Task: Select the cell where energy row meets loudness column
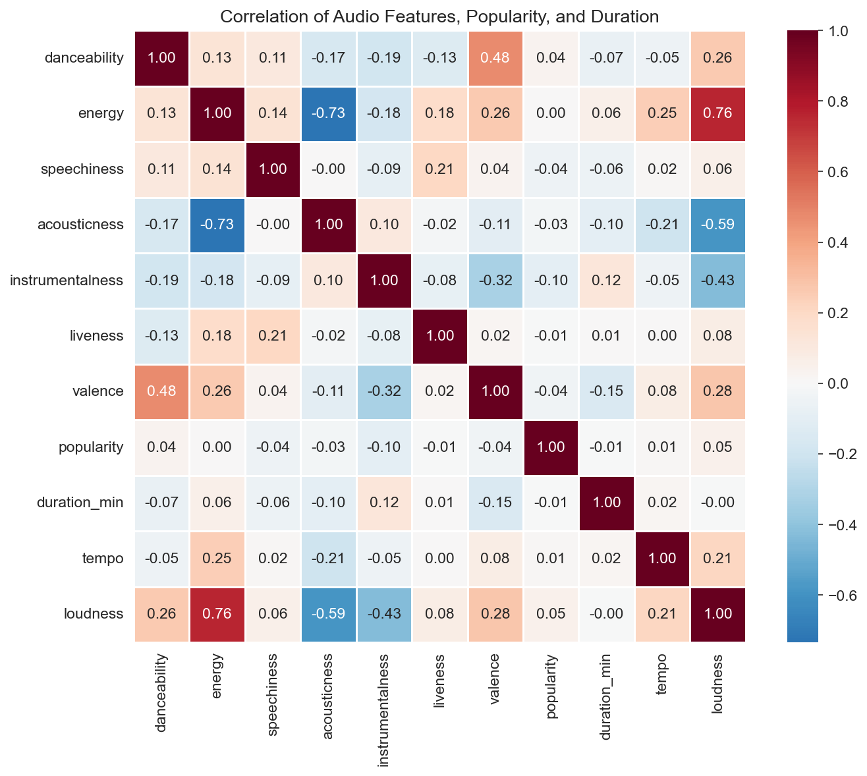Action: click(x=717, y=113)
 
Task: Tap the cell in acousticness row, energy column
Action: click(x=217, y=225)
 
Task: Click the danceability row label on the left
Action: click(x=84, y=58)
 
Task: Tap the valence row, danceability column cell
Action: click(x=162, y=391)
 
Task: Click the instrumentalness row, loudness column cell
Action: click(x=717, y=280)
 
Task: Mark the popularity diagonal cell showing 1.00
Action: click(x=551, y=447)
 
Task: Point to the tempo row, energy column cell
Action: click(x=217, y=558)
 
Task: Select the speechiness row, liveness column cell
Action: click(x=439, y=169)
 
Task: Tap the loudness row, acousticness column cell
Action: click(x=329, y=614)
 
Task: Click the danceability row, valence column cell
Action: click(x=495, y=58)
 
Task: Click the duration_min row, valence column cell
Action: click(x=495, y=503)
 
